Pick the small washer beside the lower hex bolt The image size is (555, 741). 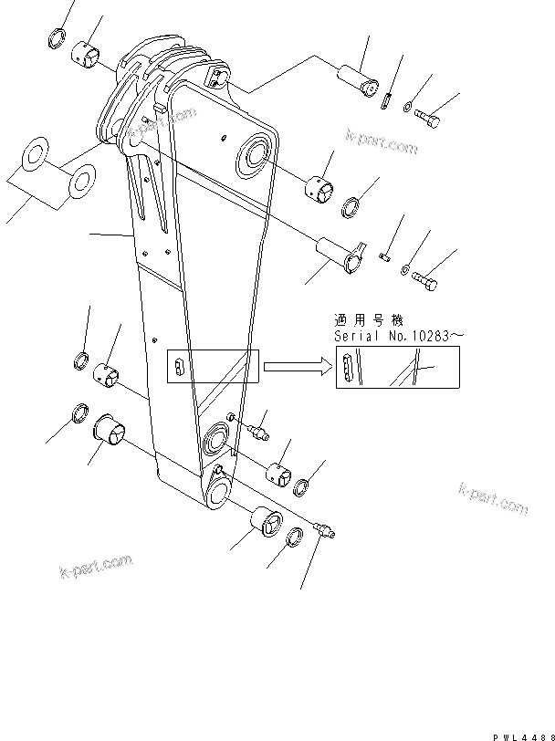405,273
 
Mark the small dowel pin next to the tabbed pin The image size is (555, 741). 384,257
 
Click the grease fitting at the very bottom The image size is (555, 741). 324,529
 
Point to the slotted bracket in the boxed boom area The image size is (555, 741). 179,368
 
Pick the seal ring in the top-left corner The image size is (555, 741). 55,39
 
